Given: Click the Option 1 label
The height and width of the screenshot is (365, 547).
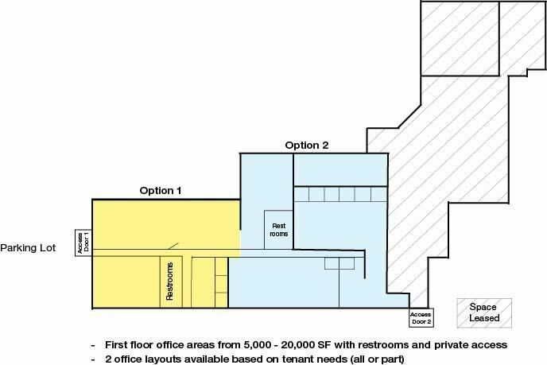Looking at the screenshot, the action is pos(161,191).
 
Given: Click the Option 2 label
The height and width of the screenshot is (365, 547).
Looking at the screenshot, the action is pos(307,146).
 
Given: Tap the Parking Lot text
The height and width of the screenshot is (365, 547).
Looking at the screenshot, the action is pos(28,248).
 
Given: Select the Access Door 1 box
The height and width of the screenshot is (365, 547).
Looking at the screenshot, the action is pos(83,243).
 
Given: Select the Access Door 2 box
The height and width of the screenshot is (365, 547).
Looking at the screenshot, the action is pos(421,318).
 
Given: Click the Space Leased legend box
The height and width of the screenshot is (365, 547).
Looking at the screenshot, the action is pos(484,313).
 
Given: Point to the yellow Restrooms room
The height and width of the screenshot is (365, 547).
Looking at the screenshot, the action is pos(171,282).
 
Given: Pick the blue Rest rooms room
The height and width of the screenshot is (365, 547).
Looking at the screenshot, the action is pos(278,230).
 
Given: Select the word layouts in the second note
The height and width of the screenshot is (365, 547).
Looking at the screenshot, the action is pos(161,359).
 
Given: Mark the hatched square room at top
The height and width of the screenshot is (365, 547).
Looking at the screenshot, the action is pos(460,38).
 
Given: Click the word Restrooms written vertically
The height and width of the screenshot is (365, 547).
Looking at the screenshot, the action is pos(169,282).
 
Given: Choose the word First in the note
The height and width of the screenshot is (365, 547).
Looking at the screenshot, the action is pos(116,345).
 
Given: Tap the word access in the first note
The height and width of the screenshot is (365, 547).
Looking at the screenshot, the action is pos(490,345).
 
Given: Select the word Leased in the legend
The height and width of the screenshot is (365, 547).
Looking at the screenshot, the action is pos(484,318).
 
